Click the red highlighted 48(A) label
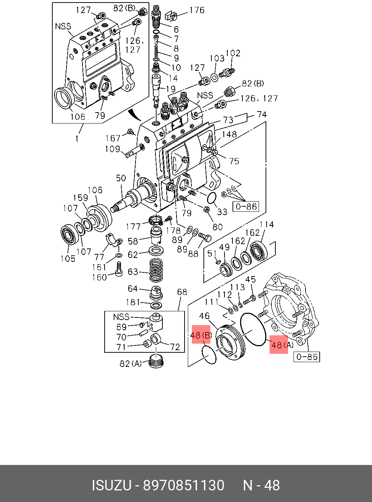(x=279, y=345)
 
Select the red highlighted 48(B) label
(x=201, y=335)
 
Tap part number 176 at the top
(x=197, y=10)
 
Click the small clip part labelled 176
(x=170, y=16)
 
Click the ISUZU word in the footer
(x=111, y=486)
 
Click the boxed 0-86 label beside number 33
(x=246, y=207)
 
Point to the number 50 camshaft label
(x=121, y=178)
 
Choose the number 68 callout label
(x=182, y=292)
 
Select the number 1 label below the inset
(x=77, y=138)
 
